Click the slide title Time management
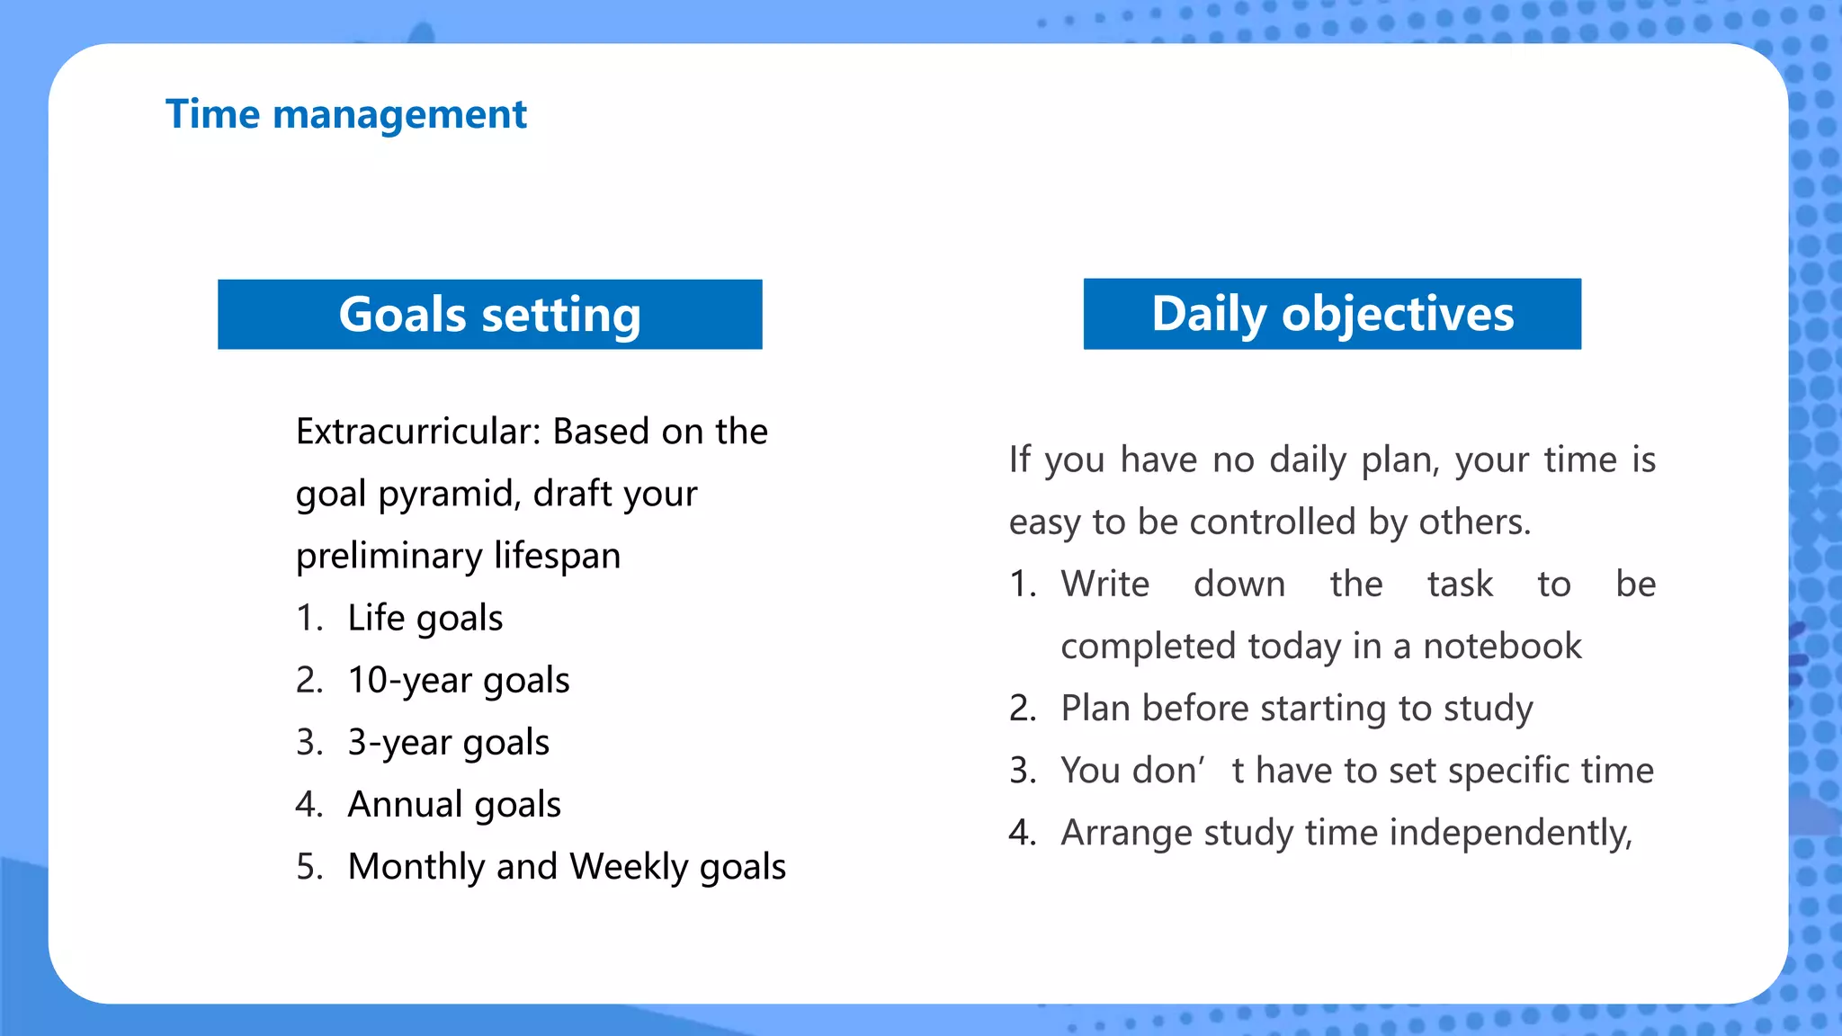[345, 115]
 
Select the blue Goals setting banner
[489, 315]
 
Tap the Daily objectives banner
[1332, 314]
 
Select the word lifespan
[557, 556]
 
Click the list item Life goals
[425, 619]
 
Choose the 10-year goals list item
[458, 681]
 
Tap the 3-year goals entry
[448, 743]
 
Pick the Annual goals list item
[453, 805]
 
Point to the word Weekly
[629, 867]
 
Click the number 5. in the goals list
[309, 867]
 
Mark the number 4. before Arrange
[1022, 833]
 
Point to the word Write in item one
[1104, 585]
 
